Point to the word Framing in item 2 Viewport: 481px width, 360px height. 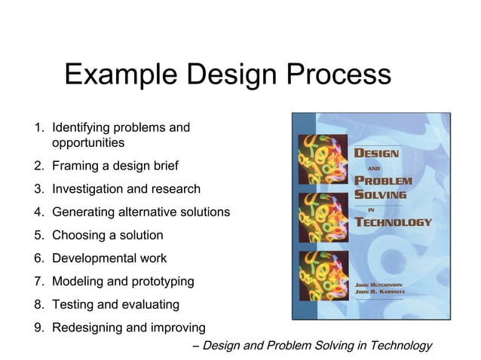click(75, 166)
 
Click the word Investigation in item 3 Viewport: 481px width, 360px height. click(88, 189)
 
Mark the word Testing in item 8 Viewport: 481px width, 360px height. click(73, 305)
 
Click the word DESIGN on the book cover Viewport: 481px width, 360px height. click(377, 152)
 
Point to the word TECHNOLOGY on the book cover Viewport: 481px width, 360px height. click(394, 222)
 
